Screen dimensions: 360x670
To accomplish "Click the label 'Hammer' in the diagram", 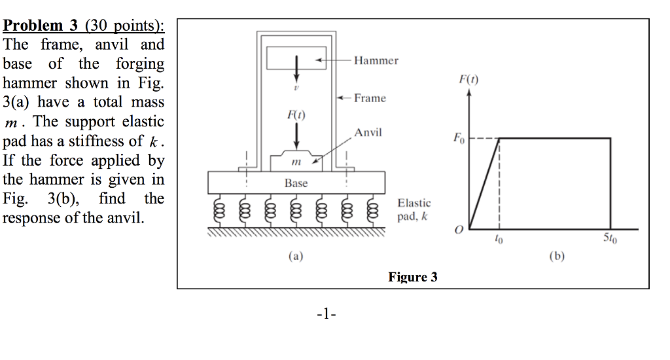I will [x=376, y=61].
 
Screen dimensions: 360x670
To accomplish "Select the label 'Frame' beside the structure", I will [x=370, y=98].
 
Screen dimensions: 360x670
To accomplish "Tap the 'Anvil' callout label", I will [x=368, y=133].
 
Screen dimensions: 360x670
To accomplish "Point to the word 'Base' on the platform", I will [x=296, y=183].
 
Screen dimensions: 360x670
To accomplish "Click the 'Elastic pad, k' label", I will [x=414, y=210].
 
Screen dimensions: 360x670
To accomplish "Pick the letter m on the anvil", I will [x=296, y=161].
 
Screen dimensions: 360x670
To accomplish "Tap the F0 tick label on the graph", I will [x=458, y=139].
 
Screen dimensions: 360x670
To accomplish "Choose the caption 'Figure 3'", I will [x=412, y=277].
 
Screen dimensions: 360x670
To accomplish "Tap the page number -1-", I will [x=325, y=314].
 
